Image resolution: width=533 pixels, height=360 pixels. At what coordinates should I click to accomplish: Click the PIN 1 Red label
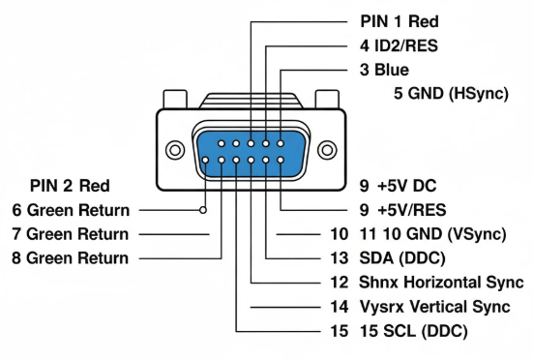pos(398,19)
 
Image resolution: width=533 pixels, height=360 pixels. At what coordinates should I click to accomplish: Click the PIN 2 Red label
pos(70,185)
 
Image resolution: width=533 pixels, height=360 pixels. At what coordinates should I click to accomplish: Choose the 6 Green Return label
pos(70,209)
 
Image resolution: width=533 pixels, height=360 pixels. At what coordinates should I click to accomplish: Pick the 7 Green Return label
pos(70,234)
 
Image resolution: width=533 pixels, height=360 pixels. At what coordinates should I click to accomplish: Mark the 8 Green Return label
pos(70,258)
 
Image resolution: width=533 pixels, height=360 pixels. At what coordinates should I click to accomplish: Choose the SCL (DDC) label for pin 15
pos(426,332)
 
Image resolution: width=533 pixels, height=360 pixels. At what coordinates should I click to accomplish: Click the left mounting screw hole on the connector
pos(175,150)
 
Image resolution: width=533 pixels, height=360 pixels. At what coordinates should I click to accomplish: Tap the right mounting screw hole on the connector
pos(328,150)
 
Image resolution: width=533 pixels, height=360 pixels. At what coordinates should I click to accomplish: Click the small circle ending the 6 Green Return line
pos(203,209)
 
